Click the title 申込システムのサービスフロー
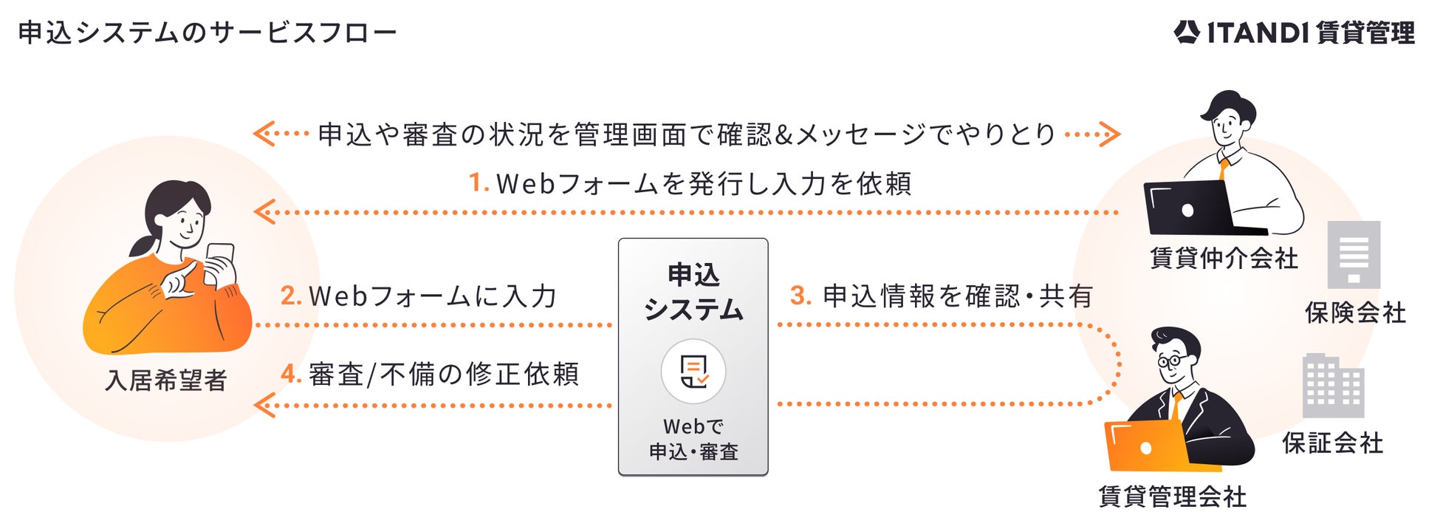(x=207, y=33)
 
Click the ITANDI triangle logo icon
(x=1186, y=32)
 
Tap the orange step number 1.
(x=479, y=183)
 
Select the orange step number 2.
(x=290, y=296)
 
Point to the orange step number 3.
(x=800, y=296)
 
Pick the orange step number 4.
(x=290, y=374)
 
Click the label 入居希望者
(x=166, y=381)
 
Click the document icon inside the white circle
(x=693, y=371)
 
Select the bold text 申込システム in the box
(x=693, y=292)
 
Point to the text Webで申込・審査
(x=693, y=439)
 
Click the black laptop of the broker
(x=1189, y=208)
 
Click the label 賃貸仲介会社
(x=1224, y=259)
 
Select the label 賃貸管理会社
(x=1172, y=497)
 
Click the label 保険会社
(x=1355, y=313)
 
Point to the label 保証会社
(x=1332, y=443)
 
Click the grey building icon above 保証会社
(x=1333, y=386)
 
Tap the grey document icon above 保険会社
(x=1354, y=254)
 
